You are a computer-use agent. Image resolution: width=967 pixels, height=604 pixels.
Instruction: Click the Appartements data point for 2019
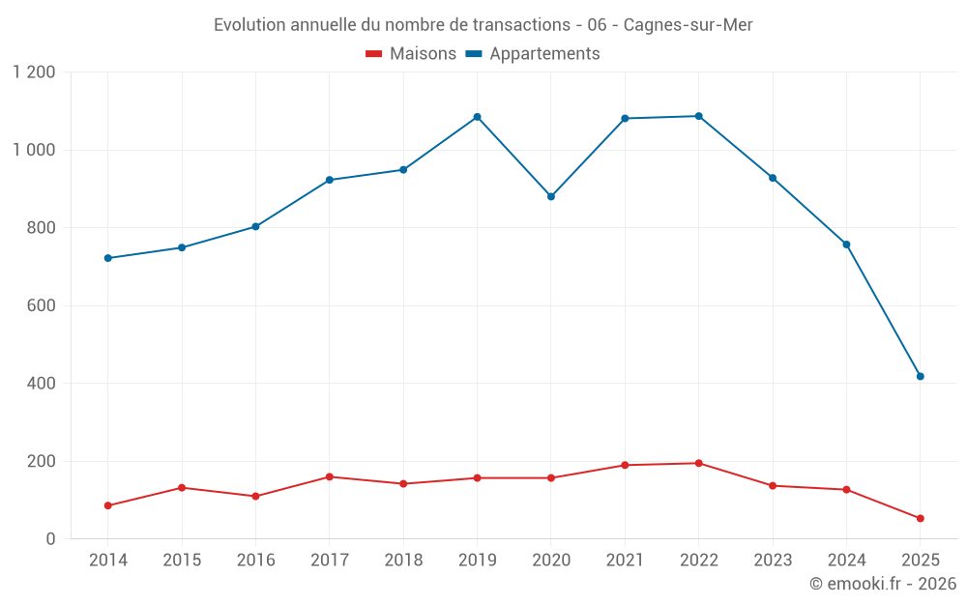(477, 117)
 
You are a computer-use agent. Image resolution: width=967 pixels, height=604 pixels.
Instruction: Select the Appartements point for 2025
(920, 376)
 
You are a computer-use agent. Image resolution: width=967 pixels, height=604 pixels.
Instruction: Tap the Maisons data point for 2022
(698, 463)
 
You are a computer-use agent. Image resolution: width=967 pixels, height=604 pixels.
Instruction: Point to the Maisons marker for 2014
(107, 505)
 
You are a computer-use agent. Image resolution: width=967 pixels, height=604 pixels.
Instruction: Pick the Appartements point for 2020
(551, 196)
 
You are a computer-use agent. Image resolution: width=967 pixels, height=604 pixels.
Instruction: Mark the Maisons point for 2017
(329, 476)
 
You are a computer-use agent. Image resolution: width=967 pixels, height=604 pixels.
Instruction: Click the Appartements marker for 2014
(107, 258)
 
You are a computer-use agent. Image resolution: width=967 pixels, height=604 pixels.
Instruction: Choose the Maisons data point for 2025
(920, 518)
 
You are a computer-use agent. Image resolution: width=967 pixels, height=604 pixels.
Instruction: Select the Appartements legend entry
(534, 54)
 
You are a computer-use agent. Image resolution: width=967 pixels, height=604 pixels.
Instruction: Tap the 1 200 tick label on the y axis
(34, 72)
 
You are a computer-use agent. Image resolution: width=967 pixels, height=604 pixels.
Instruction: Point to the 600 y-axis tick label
(41, 305)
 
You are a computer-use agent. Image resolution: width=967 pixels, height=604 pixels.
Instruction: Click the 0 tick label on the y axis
(51, 539)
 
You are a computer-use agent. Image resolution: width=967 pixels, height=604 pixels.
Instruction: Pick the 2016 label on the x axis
(255, 561)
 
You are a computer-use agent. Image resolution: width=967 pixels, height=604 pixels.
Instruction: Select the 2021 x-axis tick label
(625, 561)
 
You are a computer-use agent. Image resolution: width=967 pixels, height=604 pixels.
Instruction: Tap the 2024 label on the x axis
(846, 561)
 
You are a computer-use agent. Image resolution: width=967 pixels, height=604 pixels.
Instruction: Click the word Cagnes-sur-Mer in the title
(688, 25)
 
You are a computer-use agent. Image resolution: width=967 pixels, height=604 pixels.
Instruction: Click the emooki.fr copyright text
(882, 584)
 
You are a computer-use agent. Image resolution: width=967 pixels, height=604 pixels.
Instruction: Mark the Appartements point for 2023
(773, 178)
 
